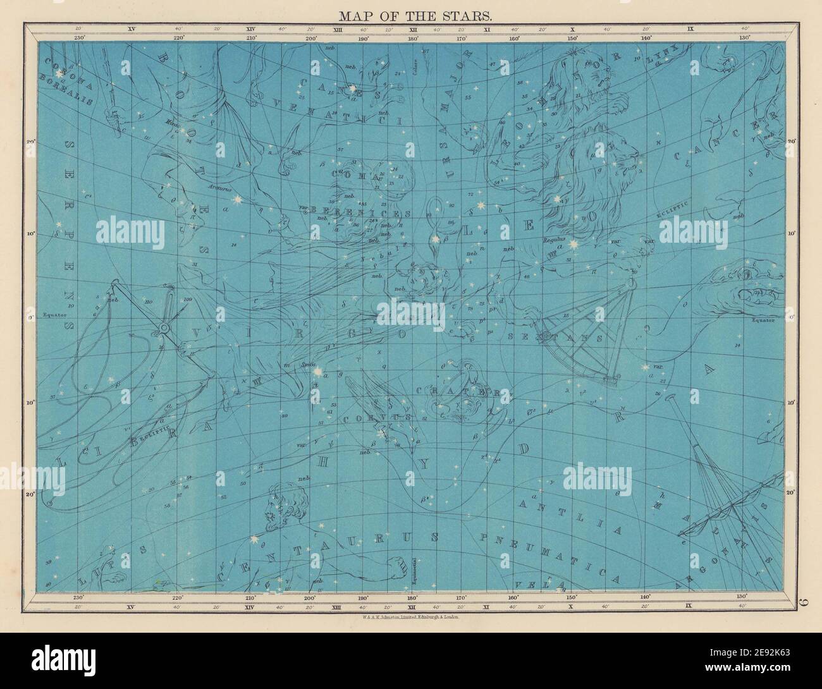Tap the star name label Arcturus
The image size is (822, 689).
[x=218, y=188]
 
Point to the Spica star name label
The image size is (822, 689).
[x=308, y=365]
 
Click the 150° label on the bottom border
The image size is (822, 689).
[x=572, y=597]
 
